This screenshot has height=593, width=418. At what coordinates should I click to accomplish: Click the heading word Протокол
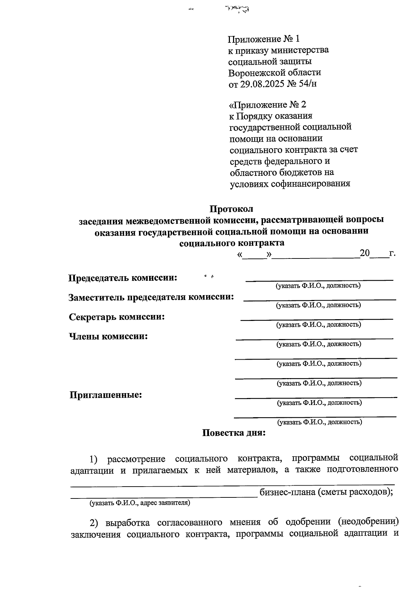[231, 209]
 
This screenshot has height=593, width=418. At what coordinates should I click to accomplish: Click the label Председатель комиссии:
[122, 278]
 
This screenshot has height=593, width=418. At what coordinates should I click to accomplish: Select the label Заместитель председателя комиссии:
[151, 297]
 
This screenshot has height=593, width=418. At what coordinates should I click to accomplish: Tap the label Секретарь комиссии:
[117, 317]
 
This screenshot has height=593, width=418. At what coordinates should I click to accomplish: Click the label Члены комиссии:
[108, 337]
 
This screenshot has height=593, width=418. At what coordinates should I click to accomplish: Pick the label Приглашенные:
[106, 395]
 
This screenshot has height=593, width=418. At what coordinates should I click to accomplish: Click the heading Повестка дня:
[234, 433]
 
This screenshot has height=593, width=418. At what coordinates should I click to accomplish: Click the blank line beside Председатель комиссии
[319, 280]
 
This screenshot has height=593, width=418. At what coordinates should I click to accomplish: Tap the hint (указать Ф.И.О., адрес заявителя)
[140, 503]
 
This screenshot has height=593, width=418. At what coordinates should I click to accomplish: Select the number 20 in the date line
[364, 253]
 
